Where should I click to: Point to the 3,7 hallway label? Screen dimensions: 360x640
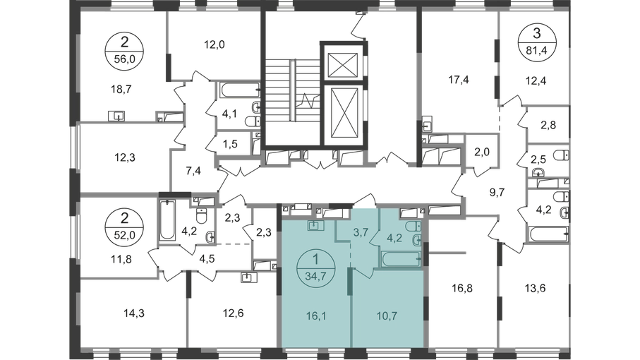(361, 232)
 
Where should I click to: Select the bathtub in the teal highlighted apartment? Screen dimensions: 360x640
(400, 259)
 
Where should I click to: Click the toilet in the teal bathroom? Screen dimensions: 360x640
(415, 225)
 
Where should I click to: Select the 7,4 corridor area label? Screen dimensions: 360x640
(193, 169)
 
